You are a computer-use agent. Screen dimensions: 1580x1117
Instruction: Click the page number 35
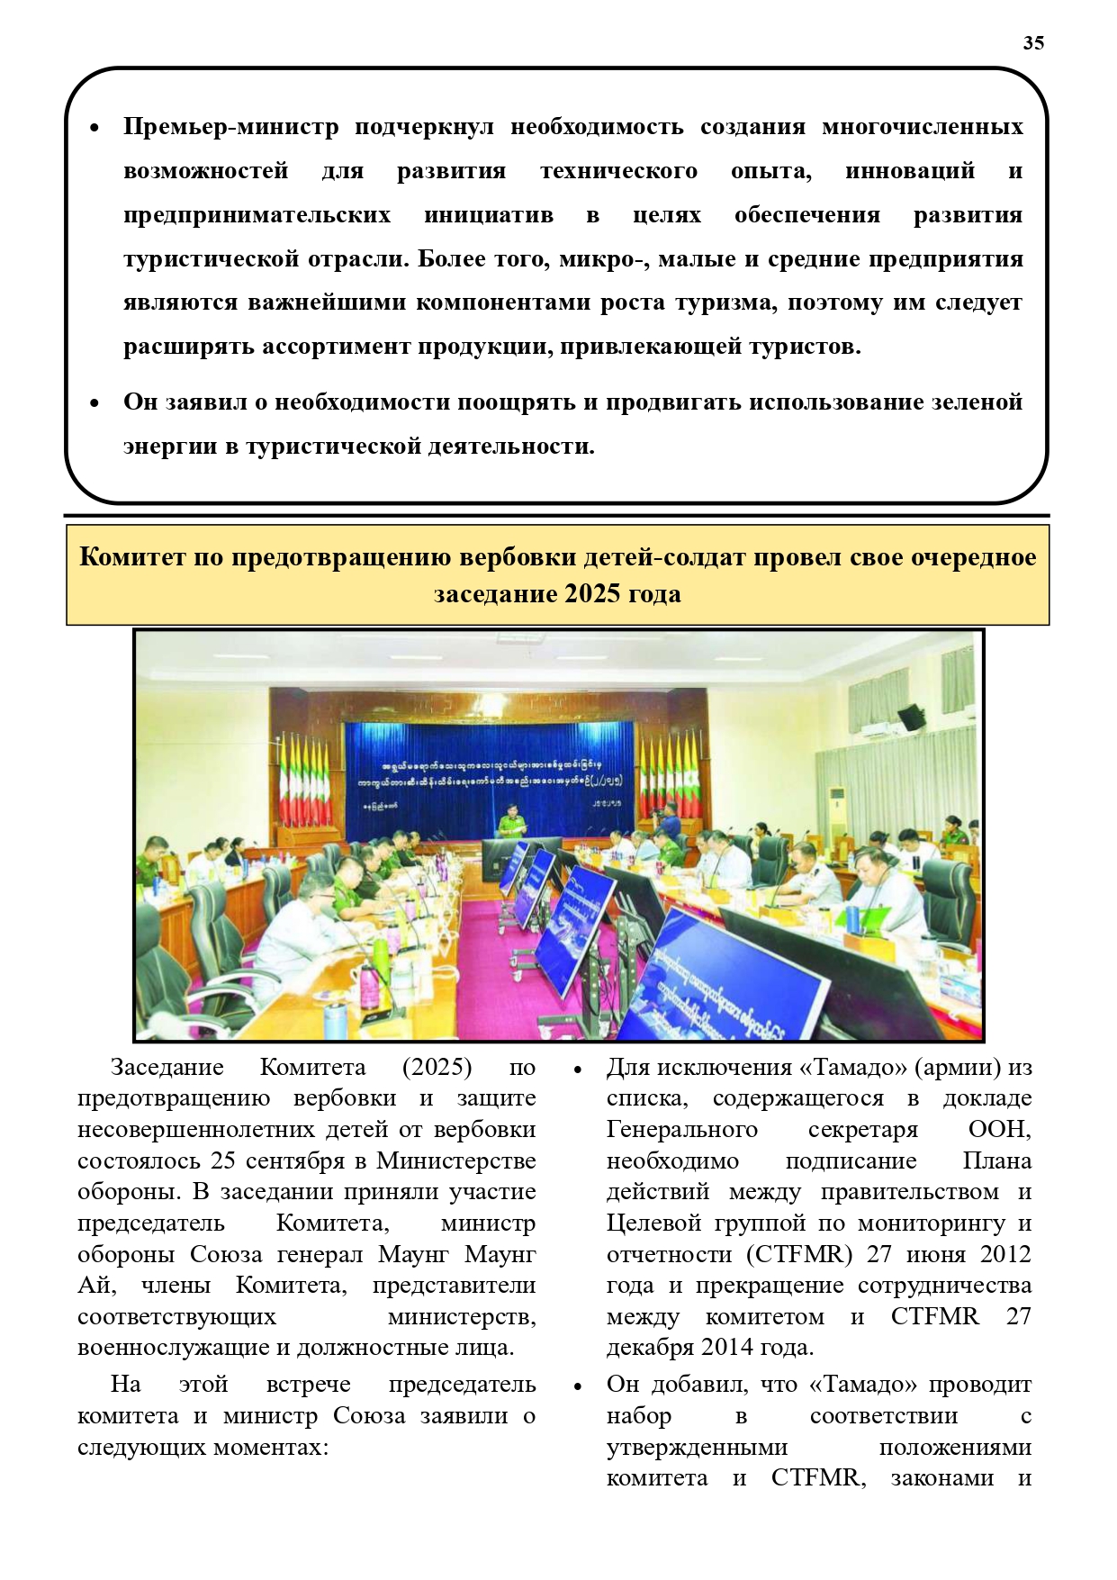1033,43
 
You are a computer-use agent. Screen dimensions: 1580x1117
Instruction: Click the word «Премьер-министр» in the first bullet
230,127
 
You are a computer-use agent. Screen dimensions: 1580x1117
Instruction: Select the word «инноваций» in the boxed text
910,171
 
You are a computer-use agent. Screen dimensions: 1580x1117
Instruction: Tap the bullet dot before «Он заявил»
95,403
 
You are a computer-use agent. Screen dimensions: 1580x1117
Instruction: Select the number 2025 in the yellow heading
594,594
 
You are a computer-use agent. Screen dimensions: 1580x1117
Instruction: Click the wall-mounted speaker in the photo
911,717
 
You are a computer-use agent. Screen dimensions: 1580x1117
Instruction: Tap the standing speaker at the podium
511,822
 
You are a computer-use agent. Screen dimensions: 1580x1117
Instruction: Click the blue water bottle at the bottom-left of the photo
335,1017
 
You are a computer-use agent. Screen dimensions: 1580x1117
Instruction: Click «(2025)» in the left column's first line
437,1068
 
